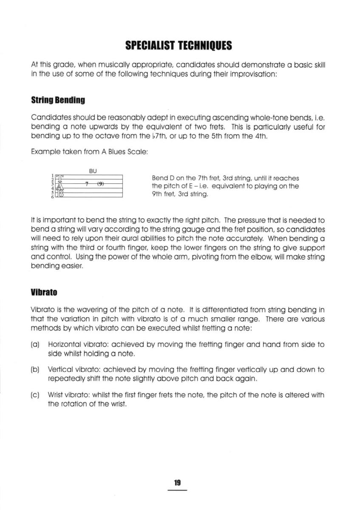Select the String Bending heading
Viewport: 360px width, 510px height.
click(58, 100)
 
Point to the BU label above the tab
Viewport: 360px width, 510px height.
click(93, 171)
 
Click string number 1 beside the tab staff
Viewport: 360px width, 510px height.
click(53, 176)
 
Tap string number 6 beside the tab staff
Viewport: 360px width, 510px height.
click(53, 197)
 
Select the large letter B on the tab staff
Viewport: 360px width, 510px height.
click(60, 194)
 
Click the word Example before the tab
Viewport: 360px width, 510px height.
click(45, 157)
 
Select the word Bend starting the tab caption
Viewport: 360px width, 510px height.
click(159, 178)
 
